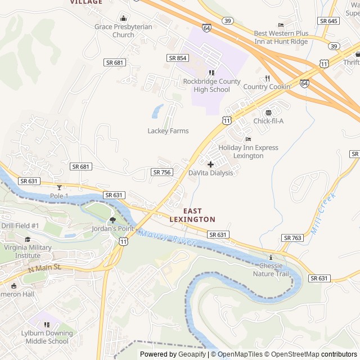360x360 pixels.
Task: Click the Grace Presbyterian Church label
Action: [x=123, y=30]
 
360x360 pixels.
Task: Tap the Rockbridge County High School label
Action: [x=211, y=85]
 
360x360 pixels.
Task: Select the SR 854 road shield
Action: [x=177, y=58]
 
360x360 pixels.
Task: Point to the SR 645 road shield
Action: [x=328, y=21]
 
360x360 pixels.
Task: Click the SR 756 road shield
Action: [x=161, y=172]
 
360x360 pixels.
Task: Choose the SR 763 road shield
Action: [x=292, y=238]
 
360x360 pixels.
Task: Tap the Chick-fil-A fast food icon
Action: [x=268, y=112]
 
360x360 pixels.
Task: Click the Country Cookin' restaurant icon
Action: [x=268, y=78]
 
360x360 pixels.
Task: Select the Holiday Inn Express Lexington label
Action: [x=248, y=151]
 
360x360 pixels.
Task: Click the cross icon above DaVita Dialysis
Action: [x=210, y=164]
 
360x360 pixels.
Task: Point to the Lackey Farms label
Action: [x=168, y=131]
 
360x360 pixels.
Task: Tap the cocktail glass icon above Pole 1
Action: [x=59, y=187]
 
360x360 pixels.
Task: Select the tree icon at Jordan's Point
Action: [x=112, y=220]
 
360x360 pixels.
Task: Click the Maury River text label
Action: [x=168, y=237]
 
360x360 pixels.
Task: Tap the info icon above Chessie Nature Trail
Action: [x=271, y=257]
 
